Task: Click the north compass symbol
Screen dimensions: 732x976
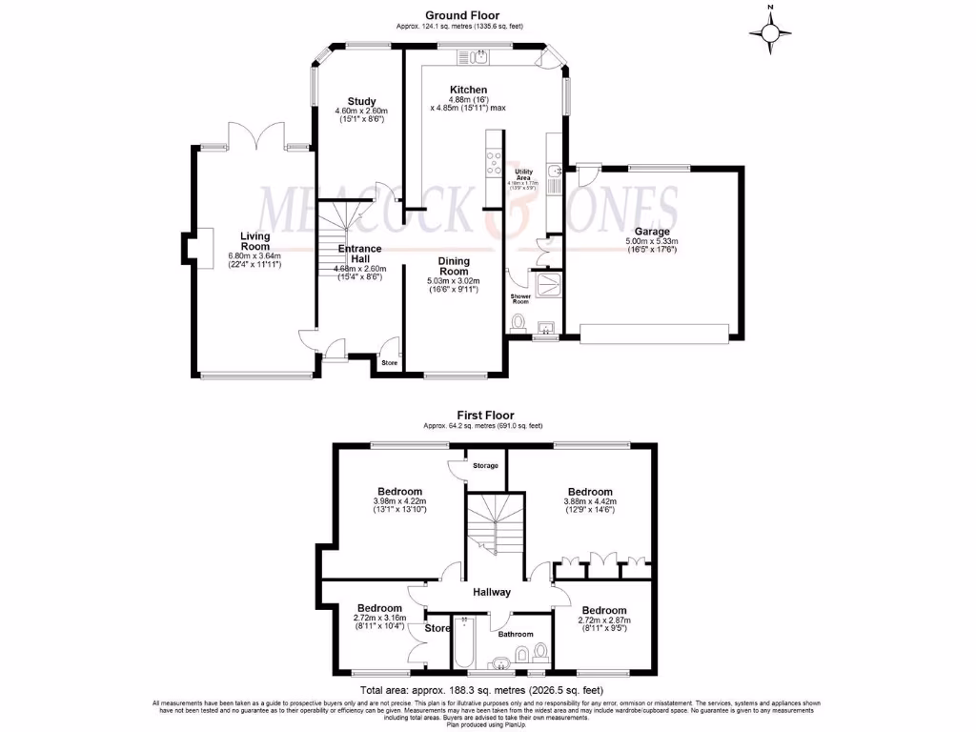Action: (770, 32)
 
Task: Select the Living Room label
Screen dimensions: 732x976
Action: (254, 241)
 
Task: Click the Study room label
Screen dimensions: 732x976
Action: (361, 101)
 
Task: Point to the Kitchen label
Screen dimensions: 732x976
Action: (469, 90)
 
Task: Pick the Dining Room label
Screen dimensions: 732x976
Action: (453, 266)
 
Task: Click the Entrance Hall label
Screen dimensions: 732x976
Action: (359, 254)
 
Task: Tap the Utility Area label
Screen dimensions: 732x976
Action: (523, 174)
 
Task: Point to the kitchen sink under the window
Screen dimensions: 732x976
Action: (479, 57)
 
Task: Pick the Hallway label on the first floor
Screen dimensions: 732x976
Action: (491, 592)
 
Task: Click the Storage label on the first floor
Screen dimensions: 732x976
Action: (485, 466)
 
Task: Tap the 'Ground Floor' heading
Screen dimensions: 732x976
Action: (459, 15)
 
